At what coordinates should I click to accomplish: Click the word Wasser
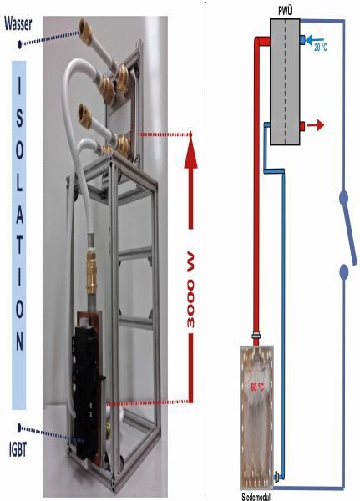[x=18, y=24]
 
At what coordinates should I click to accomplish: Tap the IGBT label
[x=18, y=450]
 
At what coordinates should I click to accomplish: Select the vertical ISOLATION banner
[x=19, y=235]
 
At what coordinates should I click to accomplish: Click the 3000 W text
[x=190, y=290]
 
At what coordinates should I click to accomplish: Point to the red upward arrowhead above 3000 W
[x=191, y=153]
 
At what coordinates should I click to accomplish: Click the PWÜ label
[x=285, y=13]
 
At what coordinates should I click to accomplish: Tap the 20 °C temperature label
[x=321, y=48]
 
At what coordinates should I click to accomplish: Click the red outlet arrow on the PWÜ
[x=316, y=125]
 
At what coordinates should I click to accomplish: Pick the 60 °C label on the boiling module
[x=257, y=387]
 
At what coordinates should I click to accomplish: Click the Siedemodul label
[x=256, y=497]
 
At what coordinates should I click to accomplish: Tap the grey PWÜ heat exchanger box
[x=285, y=82]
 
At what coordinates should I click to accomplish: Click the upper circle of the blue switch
[x=343, y=197]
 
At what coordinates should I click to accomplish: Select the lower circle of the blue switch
[x=343, y=272]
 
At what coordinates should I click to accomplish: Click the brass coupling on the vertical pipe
[x=91, y=272]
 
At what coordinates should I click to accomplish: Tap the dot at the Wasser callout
[x=19, y=44]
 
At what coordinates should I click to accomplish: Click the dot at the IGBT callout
[x=19, y=428]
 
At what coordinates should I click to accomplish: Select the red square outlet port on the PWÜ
[x=302, y=126]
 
